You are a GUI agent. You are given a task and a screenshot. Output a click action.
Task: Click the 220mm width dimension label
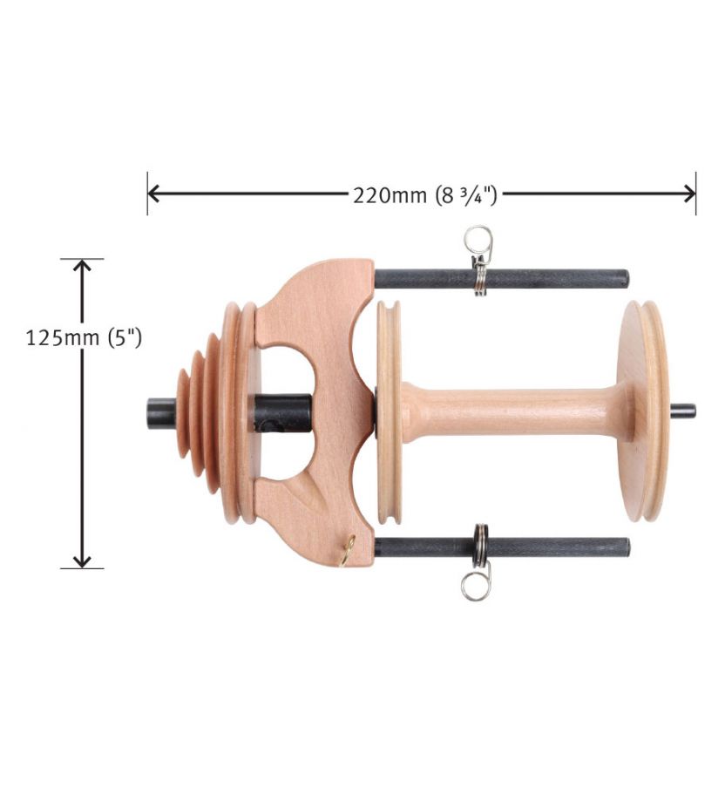click(x=425, y=195)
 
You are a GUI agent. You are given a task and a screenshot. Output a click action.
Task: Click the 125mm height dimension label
click(x=84, y=337)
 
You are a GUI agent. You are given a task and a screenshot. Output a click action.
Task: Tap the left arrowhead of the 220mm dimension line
click(x=152, y=194)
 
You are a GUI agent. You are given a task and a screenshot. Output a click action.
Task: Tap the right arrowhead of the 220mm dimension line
click(x=690, y=194)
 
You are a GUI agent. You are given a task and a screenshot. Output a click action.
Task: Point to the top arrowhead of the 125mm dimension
click(x=82, y=265)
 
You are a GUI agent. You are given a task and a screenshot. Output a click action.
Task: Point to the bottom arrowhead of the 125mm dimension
click(x=82, y=561)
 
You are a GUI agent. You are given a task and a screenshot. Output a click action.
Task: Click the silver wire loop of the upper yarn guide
click(x=478, y=238)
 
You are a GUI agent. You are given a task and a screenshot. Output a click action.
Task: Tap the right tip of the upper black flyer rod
click(x=627, y=278)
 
